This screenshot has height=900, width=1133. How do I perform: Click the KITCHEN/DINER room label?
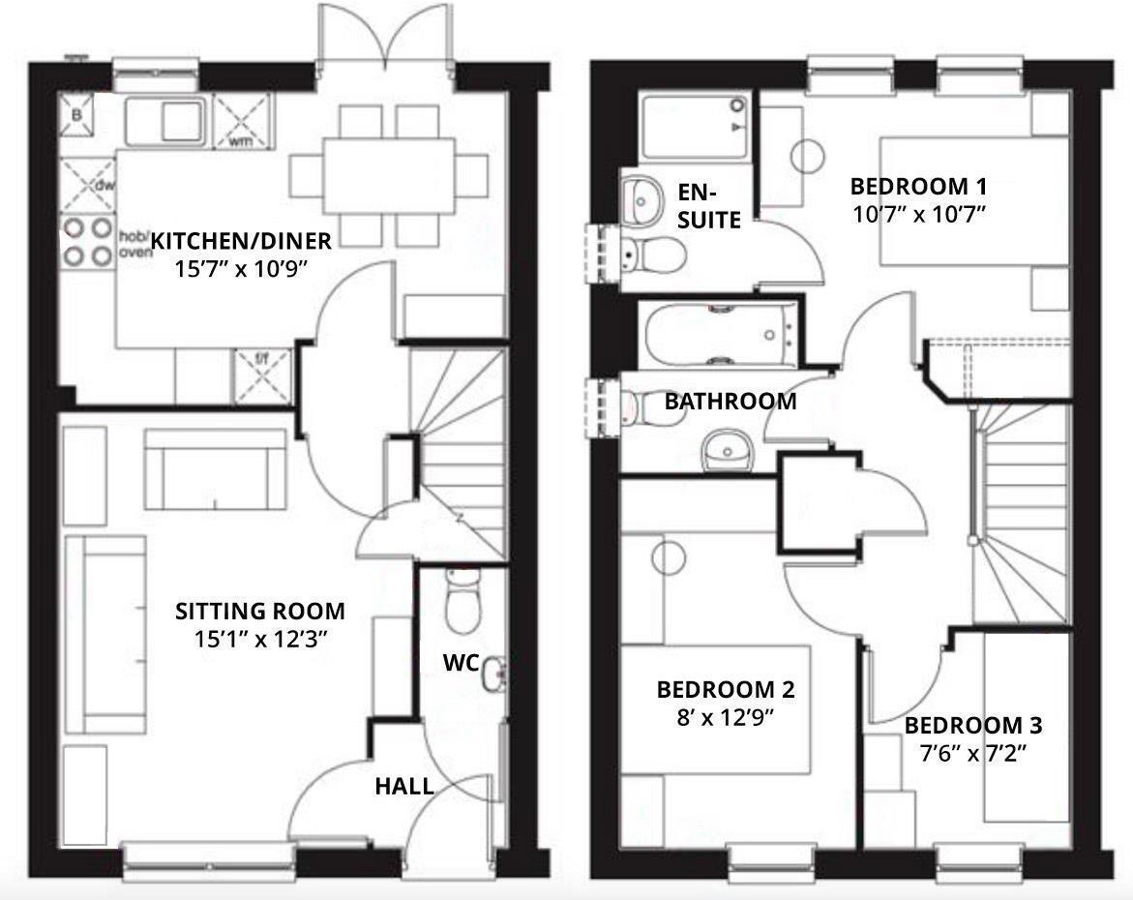point(241,240)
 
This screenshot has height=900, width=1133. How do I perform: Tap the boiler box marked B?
point(77,117)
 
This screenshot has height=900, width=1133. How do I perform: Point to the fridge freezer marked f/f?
point(262,374)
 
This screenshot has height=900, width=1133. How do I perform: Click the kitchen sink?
point(165,119)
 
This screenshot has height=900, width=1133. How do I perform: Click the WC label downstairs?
point(459,663)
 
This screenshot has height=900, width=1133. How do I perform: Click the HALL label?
point(404,786)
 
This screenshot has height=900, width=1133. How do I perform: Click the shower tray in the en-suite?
point(695,127)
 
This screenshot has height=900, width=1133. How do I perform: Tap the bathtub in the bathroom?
point(721,335)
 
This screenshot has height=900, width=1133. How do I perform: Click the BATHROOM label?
point(730,401)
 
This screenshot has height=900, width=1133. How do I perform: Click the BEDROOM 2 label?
point(726,690)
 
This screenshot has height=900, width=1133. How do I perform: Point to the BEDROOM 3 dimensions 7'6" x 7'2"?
point(973,753)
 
